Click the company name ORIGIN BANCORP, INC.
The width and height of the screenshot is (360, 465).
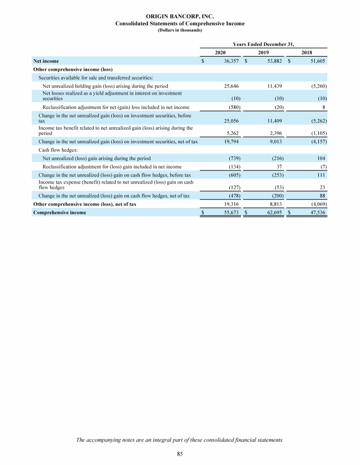[180, 16]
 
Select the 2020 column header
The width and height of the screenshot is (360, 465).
[221, 52]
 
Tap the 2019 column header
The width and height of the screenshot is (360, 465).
[264, 52]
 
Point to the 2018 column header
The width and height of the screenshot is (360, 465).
[307, 52]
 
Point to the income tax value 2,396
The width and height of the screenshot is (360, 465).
[276, 133]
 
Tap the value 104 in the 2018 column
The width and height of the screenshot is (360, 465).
[322, 158]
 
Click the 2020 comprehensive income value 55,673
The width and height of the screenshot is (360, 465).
[232, 213]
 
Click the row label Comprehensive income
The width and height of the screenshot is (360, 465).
[60, 213]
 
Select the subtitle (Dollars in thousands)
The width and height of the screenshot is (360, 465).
[180, 30]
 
